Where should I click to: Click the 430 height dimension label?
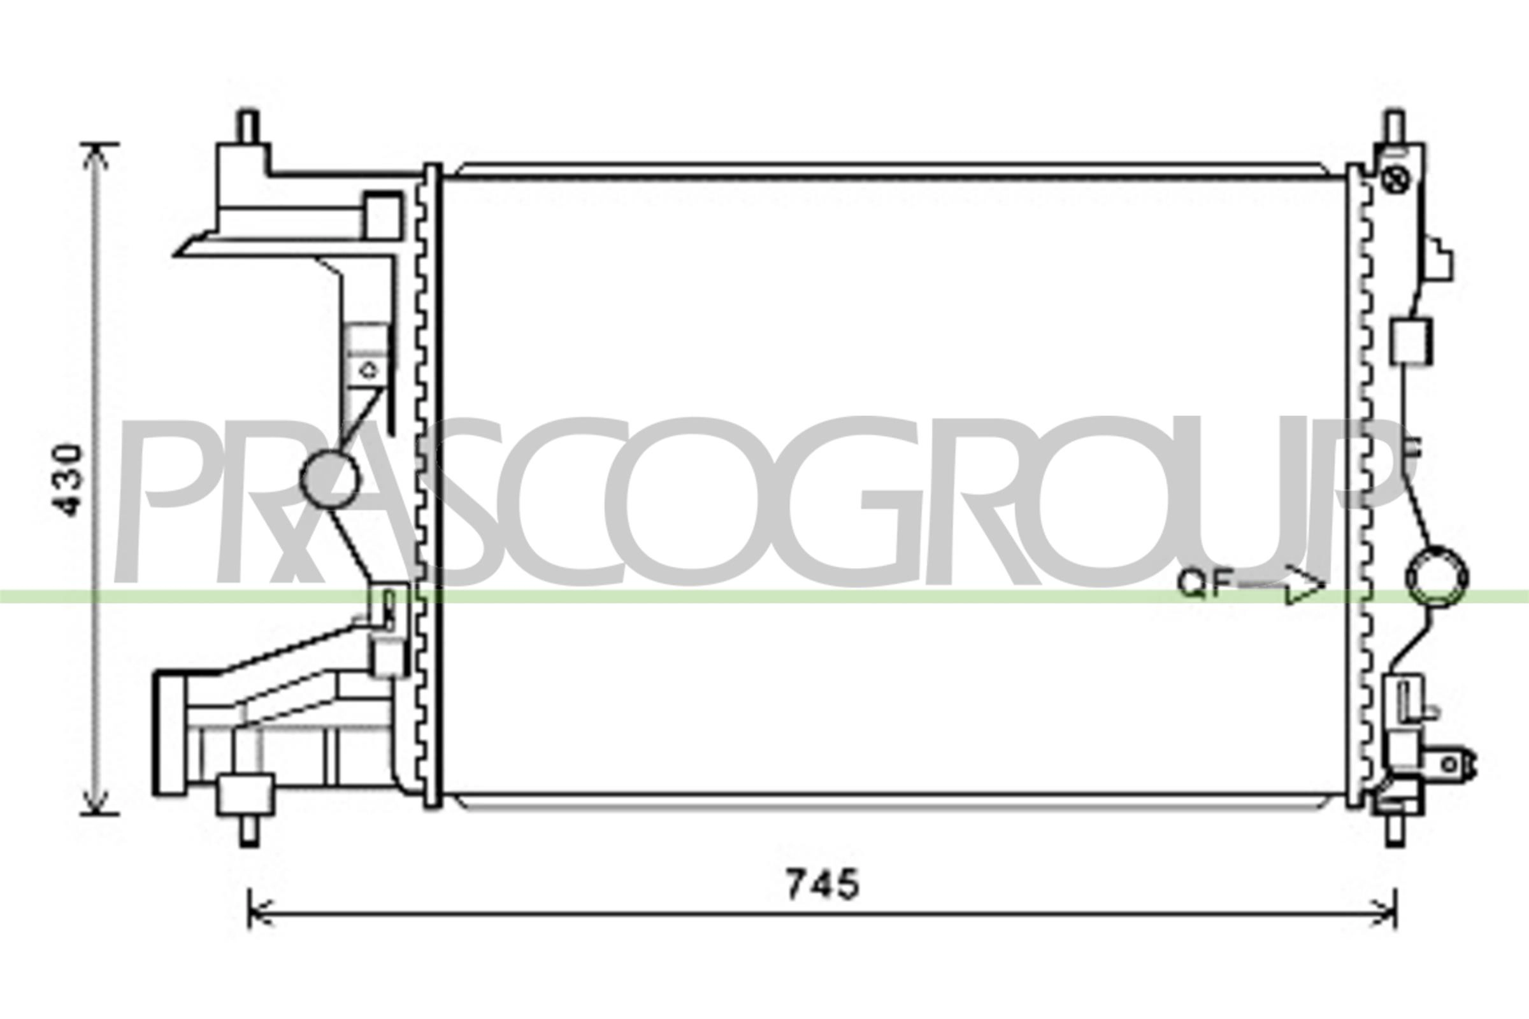(x=69, y=480)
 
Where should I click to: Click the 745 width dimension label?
(x=822, y=885)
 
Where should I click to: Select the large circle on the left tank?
(x=329, y=480)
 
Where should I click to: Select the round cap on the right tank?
(x=1436, y=577)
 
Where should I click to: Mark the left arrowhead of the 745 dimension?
(x=257, y=914)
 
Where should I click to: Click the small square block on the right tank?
(x=1411, y=341)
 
